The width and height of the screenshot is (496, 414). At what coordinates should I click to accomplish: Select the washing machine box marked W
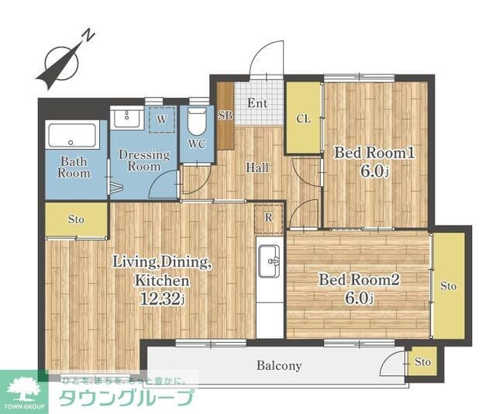[161, 119]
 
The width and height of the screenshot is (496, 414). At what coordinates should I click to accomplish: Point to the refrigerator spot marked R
[268, 218]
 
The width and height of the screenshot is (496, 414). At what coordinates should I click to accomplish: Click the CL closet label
[303, 119]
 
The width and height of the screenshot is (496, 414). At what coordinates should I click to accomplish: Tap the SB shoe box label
[225, 116]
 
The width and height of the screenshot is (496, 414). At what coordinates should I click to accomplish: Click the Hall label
[257, 167]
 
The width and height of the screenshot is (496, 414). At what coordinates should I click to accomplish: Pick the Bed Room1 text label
[374, 154]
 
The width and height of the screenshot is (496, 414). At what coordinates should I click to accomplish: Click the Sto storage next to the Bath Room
[76, 219]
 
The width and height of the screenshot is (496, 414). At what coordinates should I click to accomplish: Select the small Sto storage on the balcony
[422, 362]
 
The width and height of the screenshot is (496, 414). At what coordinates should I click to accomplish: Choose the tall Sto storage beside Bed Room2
[449, 286]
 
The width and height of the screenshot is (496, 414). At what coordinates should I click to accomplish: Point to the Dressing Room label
[144, 160]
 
